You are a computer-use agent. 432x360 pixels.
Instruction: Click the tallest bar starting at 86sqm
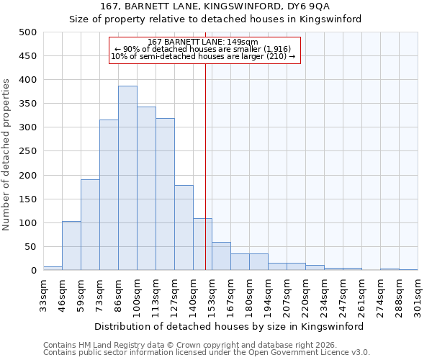point(127,178)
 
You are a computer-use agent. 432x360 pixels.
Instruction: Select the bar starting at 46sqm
point(71,246)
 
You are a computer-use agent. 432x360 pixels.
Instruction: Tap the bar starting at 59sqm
point(90,225)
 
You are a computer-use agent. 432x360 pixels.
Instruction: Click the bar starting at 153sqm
point(221,256)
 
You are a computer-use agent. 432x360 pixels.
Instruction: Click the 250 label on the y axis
point(27,151)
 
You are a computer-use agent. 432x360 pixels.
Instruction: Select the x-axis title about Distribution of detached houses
point(229,326)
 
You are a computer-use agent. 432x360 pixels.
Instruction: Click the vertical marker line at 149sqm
point(205,166)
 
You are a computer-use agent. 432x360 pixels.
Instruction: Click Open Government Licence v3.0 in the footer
point(316,353)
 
